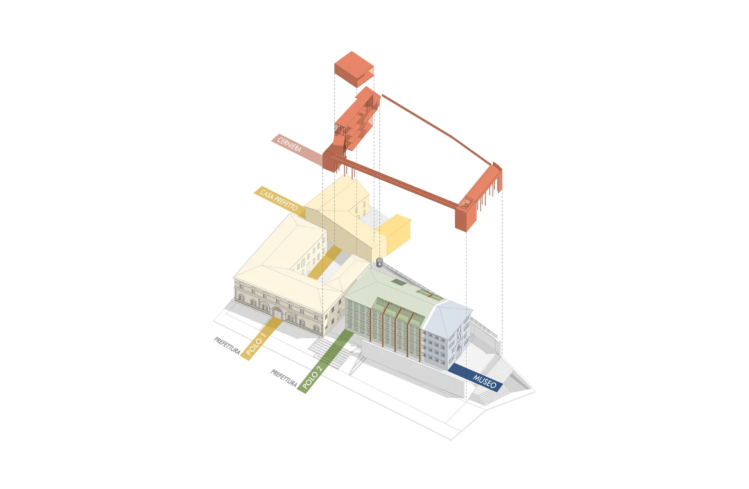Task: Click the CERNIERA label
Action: (289, 144)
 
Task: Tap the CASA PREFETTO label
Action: (279, 200)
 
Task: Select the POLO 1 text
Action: (256, 344)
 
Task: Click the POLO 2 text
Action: (312, 377)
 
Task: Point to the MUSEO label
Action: (485, 381)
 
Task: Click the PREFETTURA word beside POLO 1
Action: (227, 345)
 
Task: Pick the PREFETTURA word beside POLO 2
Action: (284, 378)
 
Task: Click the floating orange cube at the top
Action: (354, 69)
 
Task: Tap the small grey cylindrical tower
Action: (380, 262)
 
